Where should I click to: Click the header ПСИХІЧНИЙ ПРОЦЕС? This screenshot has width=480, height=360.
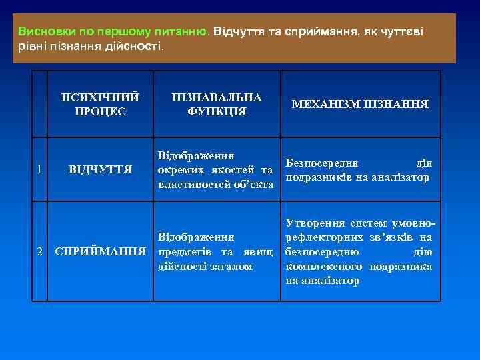pyautogui.click(x=100, y=105)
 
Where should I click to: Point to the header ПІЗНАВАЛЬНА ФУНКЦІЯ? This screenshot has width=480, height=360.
pyautogui.click(x=217, y=105)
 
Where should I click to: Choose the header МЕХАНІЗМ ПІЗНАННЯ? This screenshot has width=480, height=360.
pyautogui.click(x=359, y=105)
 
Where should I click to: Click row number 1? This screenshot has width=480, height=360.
pyautogui.click(x=41, y=169)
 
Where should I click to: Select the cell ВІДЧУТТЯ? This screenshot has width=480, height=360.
pyautogui.click(x=100, y=169)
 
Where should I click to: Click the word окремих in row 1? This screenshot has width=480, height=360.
pyautogui.click(x=178, y=169)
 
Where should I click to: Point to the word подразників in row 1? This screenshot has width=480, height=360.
pyautogui.click(x=315, y=177)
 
